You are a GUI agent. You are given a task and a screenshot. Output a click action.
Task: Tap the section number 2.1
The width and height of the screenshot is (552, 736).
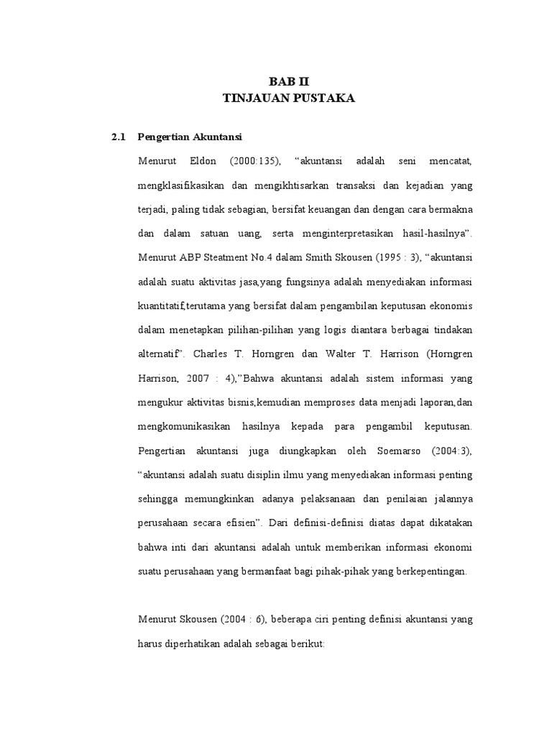[x=119, y=137]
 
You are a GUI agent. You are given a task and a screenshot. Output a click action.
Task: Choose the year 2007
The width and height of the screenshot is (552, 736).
[x=203, y=378]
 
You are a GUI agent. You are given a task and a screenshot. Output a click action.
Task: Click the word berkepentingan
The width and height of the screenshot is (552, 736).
[x=431, y=571]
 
